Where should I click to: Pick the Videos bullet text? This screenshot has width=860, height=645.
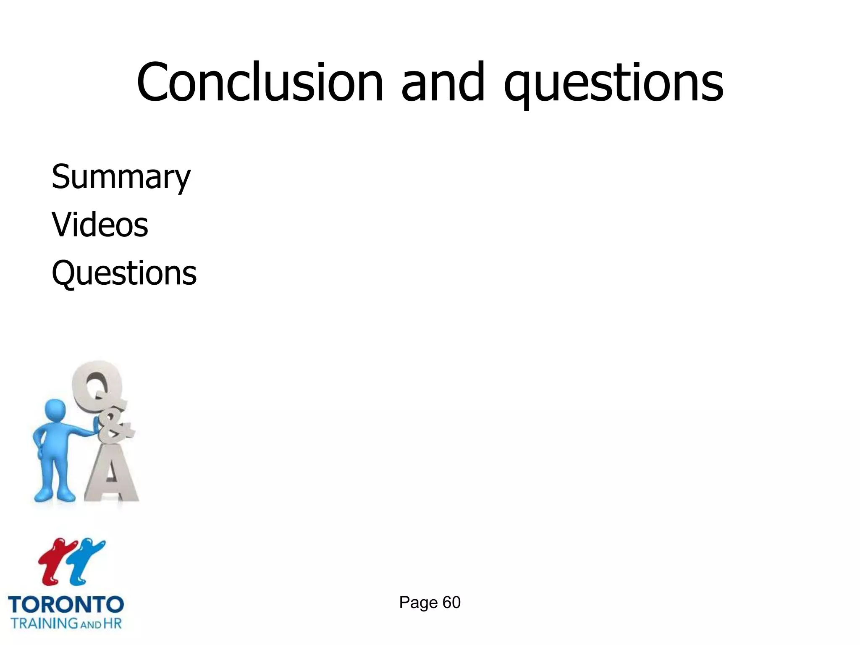click(x=100, y=225)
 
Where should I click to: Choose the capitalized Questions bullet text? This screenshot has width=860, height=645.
click(x=124, y=273)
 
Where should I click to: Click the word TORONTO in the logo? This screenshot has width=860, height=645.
click(x=66, y=605)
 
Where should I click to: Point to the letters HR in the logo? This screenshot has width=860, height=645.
click(x=113, y=623)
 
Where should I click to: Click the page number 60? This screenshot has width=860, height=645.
click(x=451, y=603)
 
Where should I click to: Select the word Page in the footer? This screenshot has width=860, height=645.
click(x=418, y=603)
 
